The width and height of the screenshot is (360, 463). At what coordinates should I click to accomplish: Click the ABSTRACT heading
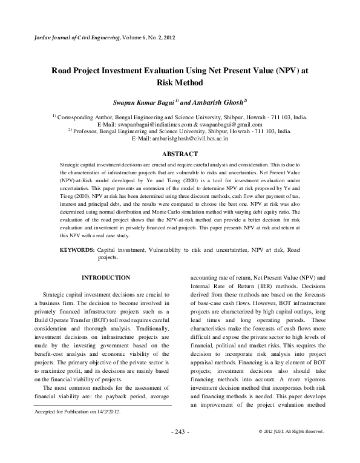(180, 154)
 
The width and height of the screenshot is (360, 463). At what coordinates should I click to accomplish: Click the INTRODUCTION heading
(105, 277)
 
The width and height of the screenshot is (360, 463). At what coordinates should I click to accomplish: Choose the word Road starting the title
(64, 70)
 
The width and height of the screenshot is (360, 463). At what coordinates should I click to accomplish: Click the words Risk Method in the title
(179, 82)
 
